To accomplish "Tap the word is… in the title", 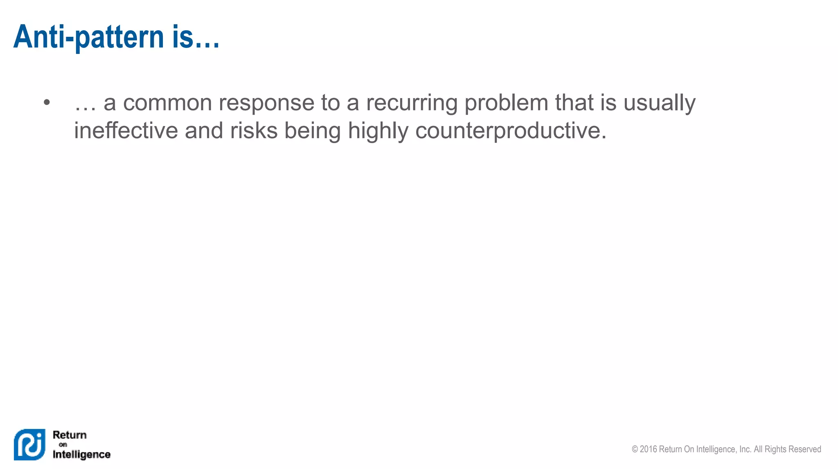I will pyautogui.click(x=196, y=37).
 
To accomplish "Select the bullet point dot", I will pyautogui.click(x=47, y=103).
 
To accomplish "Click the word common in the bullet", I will pyautogui.click(x=167, y=103).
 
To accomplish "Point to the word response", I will pyautogui.click(x=266, y=103).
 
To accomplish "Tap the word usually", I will pyautogui.click(x=659, y=103).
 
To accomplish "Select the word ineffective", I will pyautogui.click(x=126, y=131).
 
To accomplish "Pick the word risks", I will pyautogui.click(x=254, y=131).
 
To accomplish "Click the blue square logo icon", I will pyautogui.click(x=29, y=444).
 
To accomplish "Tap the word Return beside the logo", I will pyautogui.click(x=70, y=435).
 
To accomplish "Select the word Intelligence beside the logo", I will pyautogui.click(x=81, y=455).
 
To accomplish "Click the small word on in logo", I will pyautogui.click(x=63, y=445).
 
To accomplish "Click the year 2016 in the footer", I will pyautogui.click(x=648, y=449).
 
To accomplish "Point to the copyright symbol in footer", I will pyautogui.click(x=635, y=449).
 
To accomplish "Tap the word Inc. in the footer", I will pyautogui.click(x=745, y=449).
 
